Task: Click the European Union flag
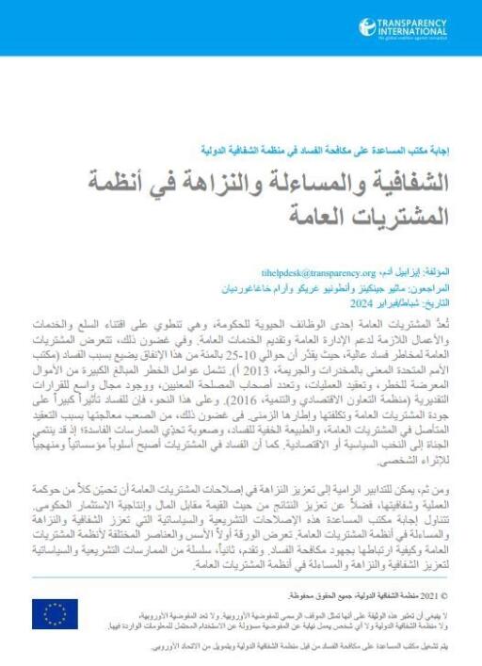click(x=56, y=614)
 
